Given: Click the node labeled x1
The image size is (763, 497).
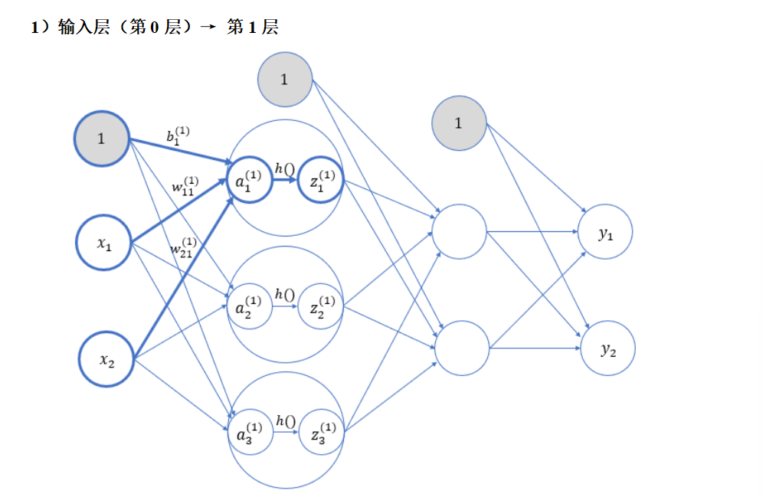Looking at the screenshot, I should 103,244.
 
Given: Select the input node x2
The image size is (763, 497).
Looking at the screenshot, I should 106,360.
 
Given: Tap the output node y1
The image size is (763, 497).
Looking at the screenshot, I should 605,232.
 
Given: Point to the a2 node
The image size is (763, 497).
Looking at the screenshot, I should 250,306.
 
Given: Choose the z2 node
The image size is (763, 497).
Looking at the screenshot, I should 320,306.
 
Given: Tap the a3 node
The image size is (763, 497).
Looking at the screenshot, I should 250,433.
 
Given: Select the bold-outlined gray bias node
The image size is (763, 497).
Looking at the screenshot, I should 101,139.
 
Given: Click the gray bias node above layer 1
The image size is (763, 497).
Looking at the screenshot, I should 285,80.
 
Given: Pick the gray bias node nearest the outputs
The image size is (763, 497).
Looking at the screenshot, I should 459,123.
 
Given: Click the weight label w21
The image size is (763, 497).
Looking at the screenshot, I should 185,247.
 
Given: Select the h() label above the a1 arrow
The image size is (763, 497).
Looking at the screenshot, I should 285,168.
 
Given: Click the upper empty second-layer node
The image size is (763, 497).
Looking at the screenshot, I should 459,231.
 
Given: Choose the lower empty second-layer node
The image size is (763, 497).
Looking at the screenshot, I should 462,348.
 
